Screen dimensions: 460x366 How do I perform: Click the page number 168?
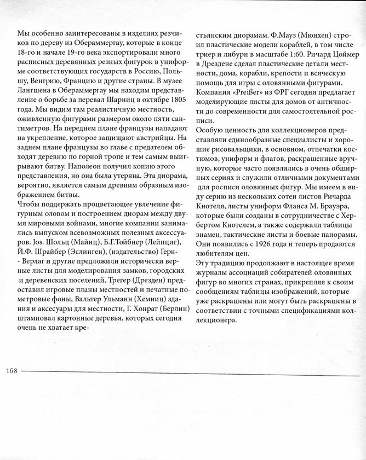(12, 371)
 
